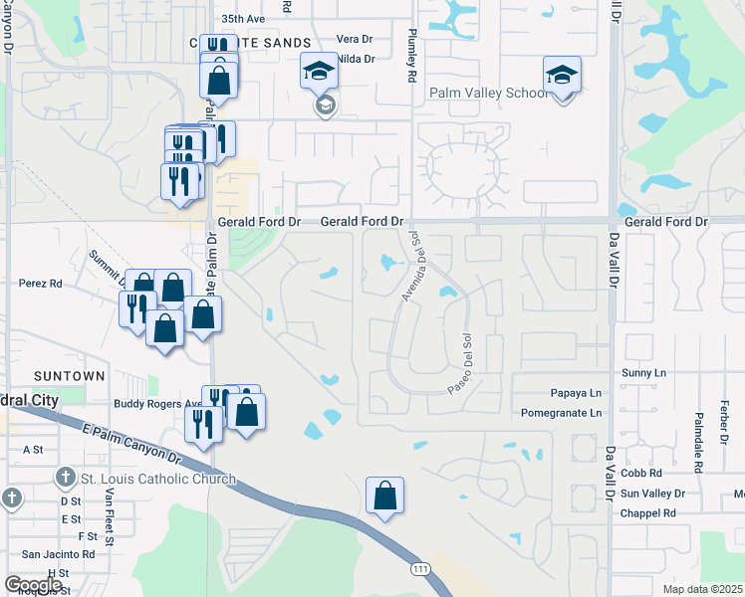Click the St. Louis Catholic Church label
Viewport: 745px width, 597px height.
coord(157,479)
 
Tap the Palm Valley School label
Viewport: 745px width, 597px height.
coord(487,94)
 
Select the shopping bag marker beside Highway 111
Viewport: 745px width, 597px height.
coord(384,497)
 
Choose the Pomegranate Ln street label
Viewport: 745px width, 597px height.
coord(562,412)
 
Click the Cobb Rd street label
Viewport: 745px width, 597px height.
coord(641,474)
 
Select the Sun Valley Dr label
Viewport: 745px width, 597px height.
coord(652,494)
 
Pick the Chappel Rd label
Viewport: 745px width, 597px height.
coord(647,513)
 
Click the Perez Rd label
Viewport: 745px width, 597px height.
coord(41,284)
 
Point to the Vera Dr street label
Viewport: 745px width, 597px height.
coord(355,39)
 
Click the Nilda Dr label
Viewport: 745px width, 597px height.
coord(356,59)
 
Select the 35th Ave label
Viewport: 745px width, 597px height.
coord(243,19)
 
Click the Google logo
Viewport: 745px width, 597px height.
coord(33,585)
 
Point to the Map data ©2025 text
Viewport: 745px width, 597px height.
coord(702,589)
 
